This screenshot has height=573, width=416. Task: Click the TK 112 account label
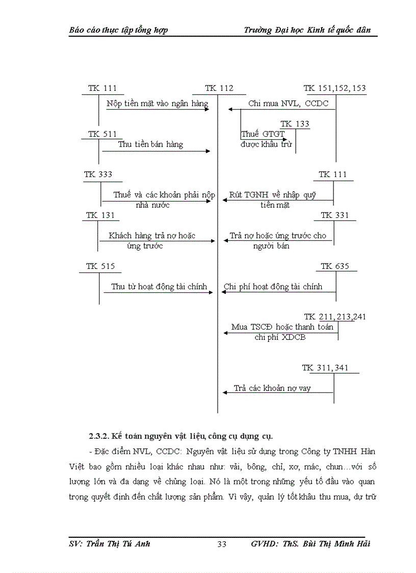[219, 88]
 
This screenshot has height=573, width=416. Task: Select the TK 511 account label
[102, 134]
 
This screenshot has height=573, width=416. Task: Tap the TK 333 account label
[98, 175]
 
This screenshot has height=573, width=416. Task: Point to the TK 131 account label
[100, 215]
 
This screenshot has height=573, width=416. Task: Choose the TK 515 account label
[100, 266]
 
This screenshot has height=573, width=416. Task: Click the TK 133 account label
[295, 124]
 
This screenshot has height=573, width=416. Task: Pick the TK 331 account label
[334, 215]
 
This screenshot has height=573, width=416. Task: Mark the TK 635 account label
[334, 266]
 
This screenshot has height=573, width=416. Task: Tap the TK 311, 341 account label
[325, 368]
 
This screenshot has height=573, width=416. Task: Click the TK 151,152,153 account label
[334, 88]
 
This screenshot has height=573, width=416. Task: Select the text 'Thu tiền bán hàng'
[150, 144]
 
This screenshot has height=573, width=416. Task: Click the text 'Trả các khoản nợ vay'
[272, 388]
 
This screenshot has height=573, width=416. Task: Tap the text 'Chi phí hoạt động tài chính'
[273, 287]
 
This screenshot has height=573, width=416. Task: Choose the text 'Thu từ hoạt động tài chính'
[159, 287]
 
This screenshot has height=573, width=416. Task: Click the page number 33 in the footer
[222, 544]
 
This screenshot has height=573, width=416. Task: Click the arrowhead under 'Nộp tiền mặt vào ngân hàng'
[206, 109]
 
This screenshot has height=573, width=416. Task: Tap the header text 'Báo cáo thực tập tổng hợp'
[118, 30]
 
